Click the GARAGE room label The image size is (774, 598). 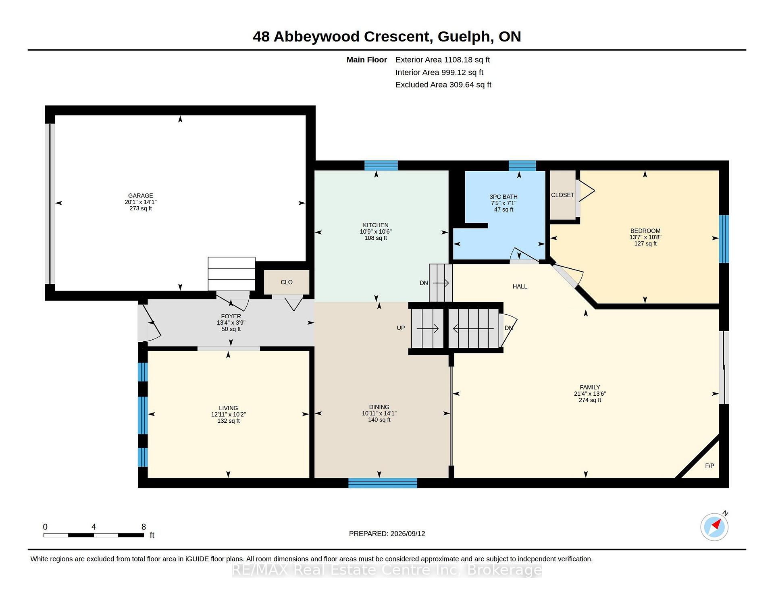(x=141, y=195)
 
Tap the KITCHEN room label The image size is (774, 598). (x=376, y=225)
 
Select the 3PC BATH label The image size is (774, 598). (x=504, y=197)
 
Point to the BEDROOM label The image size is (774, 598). (x=645, y=231)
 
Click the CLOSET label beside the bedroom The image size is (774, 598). (x=563, y=195)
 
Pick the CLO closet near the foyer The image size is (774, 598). (x=287, y=282)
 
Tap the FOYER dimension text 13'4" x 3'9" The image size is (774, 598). (x=231, y=323)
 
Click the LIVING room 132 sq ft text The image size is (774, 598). (x=229, y=421)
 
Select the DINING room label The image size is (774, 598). (x=379, y=407)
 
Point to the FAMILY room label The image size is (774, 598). (x=590, y=387)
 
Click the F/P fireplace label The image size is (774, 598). (x=709, y=466)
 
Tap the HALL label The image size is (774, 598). (x=520, y=287)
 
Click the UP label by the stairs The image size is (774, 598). (x=401, y=328)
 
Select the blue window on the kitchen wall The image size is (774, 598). (x=381, y=166)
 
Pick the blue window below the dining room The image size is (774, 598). (x=383, y=483)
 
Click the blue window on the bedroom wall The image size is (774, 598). (x=724, y=239)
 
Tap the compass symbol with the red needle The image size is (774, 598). (x=714, y=527)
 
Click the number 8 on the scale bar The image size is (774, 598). (x=144, y=527)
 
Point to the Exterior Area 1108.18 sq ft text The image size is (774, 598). (x=443, y=60)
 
